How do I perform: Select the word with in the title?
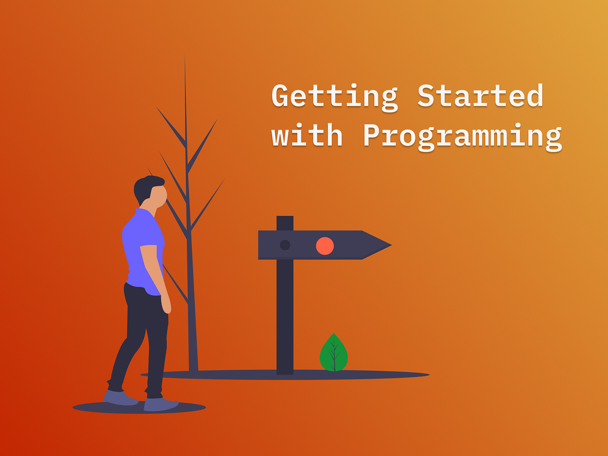[x=307, y=135]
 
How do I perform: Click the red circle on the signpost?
[x=325, y=246]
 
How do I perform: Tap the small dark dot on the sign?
[x=285, y=245]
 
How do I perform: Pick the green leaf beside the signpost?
[x=333, y=353]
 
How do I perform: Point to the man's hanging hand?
[x=166, y=304]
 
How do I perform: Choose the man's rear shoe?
[x=121, y=397]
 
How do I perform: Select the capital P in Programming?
[x=372, y=136]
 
